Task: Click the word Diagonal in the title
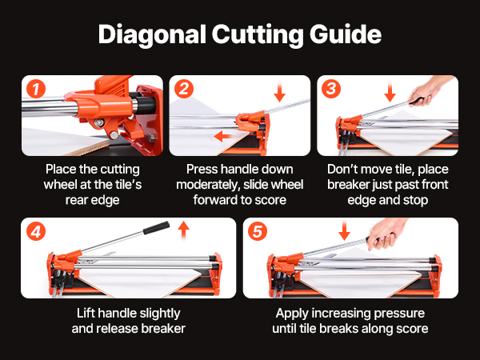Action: click(x=152, y=35)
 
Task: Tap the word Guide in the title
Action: click(x=346, y=34)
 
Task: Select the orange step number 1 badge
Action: click(x=36, y=89)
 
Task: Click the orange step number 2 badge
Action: click(x=184, y=89)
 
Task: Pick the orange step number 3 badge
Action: click(x=331, y=89)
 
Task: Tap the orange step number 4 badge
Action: click(x=36, y=231)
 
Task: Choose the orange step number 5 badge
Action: click(x=258, y=231)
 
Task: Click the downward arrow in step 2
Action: click(x=279, y=91)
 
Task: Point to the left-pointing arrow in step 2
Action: click(x=222, y=136)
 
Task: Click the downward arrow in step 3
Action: click(x=390, y=91)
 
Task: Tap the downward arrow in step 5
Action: click(x=344, y=231)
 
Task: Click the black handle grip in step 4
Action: click(x=156, y=228)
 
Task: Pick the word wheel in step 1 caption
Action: click(x=60, y=185)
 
